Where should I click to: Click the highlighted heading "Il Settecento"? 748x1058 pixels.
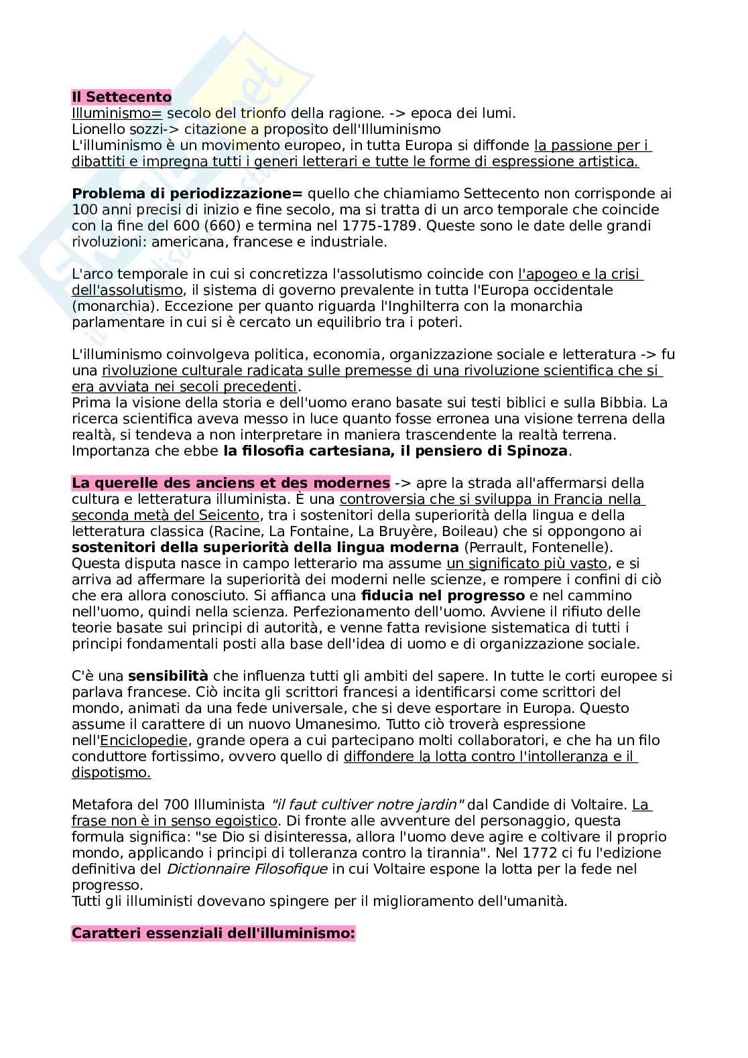point(121,97)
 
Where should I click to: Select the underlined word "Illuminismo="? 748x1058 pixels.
point(117,113)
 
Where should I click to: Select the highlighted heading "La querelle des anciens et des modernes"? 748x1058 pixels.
point(231,483)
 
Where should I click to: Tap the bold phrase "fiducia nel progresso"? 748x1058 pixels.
point(443,596)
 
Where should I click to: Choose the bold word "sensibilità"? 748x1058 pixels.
point(168,676)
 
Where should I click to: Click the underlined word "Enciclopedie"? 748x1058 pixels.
point(143,740)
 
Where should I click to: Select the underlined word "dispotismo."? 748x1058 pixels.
point(111,773)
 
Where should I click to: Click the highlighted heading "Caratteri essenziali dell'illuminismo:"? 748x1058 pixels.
point(213,933)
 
